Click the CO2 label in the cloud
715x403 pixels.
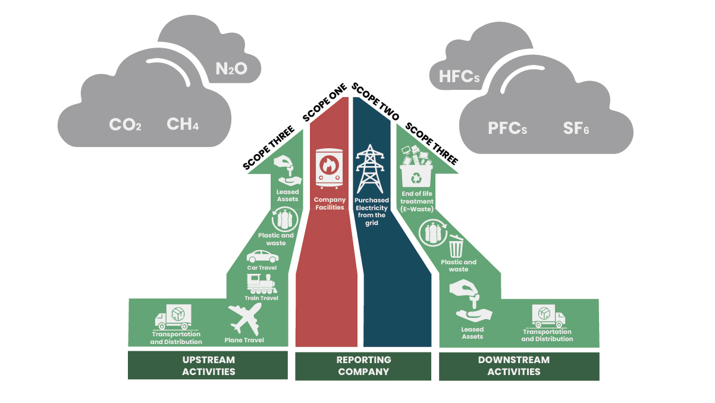click(125, 125)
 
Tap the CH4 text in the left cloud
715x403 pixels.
click(183, 124)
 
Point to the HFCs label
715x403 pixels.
click(459, 76)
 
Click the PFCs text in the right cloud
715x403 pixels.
click(507, 128)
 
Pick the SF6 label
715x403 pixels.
click(576, 128)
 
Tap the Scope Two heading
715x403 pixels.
click(375, 102)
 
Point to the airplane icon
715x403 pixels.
click(244, 319)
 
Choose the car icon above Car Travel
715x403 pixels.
click(262, 257)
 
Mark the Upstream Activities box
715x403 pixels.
click(208, 365)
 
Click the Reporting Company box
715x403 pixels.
click(363, 365)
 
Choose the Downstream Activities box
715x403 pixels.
click(519, 365)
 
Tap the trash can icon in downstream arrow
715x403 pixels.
click(456, 245)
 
